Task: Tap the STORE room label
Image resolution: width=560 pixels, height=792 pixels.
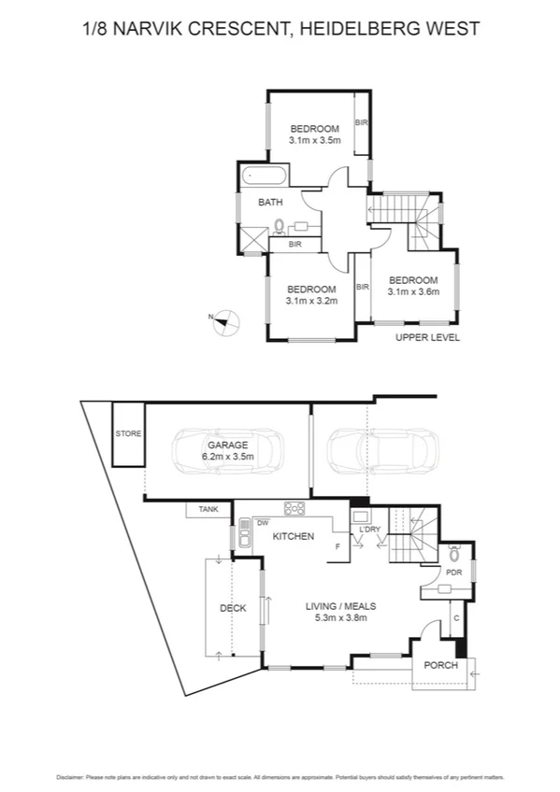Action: (128, 433)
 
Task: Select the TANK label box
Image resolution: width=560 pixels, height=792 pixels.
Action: (208, 509)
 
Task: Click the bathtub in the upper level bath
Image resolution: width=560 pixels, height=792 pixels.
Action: (265, 176)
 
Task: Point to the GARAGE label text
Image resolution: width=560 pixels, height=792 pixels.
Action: (227, 445)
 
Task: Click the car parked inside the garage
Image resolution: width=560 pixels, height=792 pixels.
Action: (227, 453)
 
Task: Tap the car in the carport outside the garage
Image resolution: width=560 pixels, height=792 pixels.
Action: (381, 453)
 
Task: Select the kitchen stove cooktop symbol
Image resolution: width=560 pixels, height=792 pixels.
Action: (294, 509)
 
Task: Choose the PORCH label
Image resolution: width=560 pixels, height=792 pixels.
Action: (440, 666)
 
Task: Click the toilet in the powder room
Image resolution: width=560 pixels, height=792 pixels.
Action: (454, 552)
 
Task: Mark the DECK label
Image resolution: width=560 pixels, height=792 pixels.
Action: (233, 608)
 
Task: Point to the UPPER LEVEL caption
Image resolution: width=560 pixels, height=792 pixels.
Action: (427, 338)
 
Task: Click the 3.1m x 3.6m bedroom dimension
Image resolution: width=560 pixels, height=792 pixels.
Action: (412, 291)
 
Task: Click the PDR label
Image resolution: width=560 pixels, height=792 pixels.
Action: (454, 573)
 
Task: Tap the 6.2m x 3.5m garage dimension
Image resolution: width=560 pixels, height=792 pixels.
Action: (227, 458)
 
